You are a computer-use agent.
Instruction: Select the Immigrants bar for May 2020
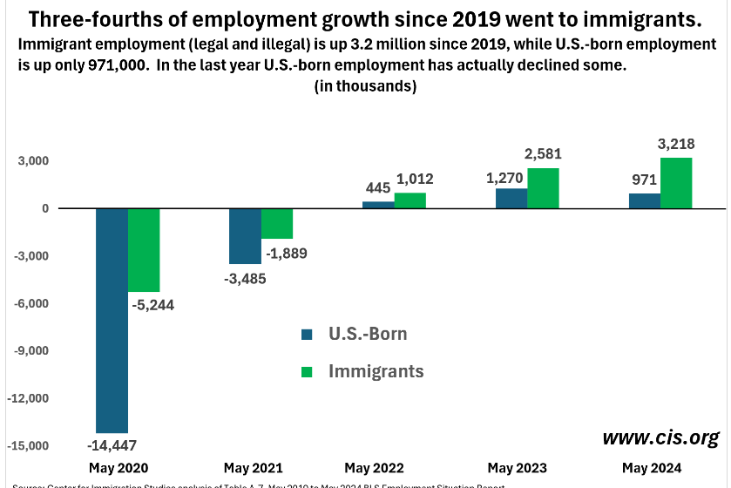(144, 250)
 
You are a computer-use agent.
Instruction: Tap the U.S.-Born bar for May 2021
(245, 236)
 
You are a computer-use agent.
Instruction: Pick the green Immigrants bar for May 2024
(676, 183)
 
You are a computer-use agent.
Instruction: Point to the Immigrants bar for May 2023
(543, 188)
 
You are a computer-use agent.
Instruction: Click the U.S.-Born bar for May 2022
(378, 205)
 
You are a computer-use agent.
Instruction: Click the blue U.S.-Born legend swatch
(307, 334)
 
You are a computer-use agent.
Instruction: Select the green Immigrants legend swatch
(307, 371)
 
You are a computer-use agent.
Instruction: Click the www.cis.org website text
(661, 436)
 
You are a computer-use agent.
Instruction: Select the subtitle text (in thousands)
(364, 87)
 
